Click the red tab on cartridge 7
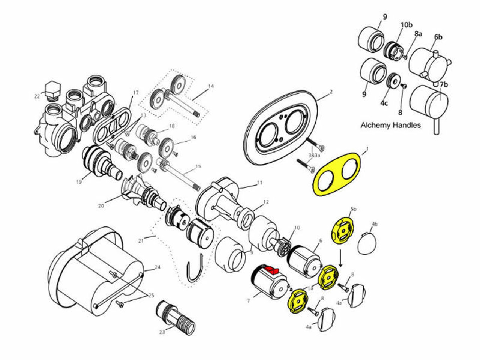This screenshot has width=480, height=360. [270, 269]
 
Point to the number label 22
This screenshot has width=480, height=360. [36, 96]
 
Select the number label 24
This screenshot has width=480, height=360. [157, 267]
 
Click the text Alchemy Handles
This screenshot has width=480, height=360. [390, 125]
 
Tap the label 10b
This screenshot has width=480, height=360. [406, 25]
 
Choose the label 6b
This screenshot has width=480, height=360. [438, 37]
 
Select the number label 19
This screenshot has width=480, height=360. [79, 182]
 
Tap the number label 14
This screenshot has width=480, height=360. [211, 86]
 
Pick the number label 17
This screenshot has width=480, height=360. [135, 92]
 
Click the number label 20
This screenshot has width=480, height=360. [101, 206]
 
